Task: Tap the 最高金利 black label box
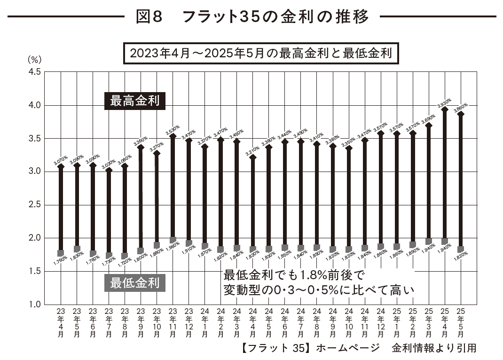point(135,101)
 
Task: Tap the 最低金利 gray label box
point(135,283)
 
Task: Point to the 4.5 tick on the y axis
point(36,72)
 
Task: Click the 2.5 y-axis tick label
point(36,205)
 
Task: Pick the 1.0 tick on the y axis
point(36,305)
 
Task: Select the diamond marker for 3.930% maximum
point(445,110)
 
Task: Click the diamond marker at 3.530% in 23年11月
point(173,136)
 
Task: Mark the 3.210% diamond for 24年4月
point(253,157)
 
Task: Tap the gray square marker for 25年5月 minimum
point(461,250)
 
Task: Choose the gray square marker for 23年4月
point(61,253)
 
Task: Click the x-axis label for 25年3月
point(429,322)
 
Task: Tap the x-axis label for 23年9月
point(141,322)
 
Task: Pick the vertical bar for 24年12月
point(381,188)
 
